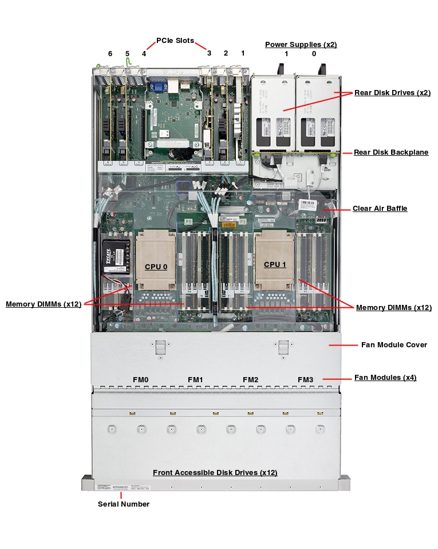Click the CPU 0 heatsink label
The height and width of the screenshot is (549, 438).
[156, 266]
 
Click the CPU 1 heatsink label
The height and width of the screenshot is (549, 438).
[275, 264]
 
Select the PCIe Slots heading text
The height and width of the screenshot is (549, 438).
[175, 41]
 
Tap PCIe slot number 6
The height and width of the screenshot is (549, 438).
[111, 53]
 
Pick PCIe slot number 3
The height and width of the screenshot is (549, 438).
[209, 53]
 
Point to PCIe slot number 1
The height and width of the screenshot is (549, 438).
[243, 53]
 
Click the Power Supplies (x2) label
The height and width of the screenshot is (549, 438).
[301, 44]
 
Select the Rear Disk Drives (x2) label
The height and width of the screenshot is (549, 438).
[392, 92]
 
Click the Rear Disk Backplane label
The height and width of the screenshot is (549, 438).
[390, 152]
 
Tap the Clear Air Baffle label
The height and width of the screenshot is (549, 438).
[380, 209]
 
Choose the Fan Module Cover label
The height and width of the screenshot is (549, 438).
[394, 345]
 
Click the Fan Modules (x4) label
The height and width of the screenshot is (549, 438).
[385, 378]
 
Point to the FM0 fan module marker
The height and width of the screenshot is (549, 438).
[141, 379]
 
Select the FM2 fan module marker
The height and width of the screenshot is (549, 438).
[250, 379]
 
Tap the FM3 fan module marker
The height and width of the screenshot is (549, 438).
[305, 379]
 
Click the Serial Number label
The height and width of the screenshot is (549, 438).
[124, 504]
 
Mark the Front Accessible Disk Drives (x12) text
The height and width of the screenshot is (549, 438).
[215, 473]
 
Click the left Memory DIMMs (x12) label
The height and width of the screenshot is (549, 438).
[44, 304]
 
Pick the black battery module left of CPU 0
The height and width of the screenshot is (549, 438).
[114, 255]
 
